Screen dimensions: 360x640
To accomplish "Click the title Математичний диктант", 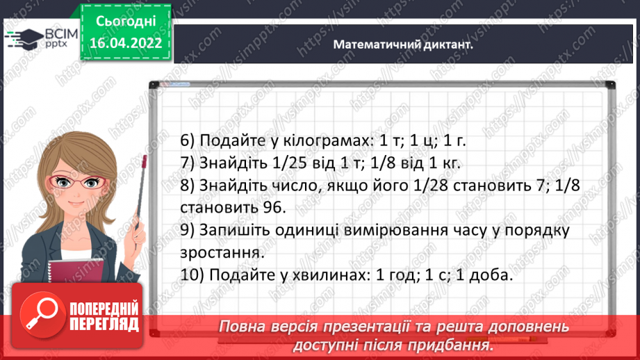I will [x=403, y=44].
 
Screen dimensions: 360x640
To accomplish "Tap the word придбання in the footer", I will [x=455, y=344].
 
